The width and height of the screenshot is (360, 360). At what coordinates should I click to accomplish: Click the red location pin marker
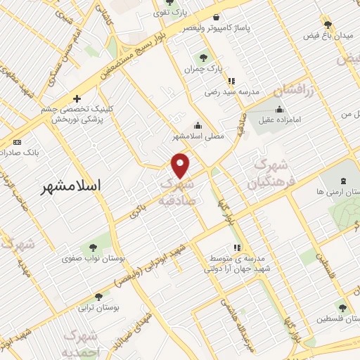[x=181, y=165]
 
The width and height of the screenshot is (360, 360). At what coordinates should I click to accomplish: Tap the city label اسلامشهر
[x=71, y=186]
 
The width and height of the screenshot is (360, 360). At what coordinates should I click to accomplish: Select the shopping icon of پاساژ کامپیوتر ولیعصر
[x=221, y=16]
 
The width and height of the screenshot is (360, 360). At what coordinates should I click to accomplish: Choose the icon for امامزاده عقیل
[x=280, y=108]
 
